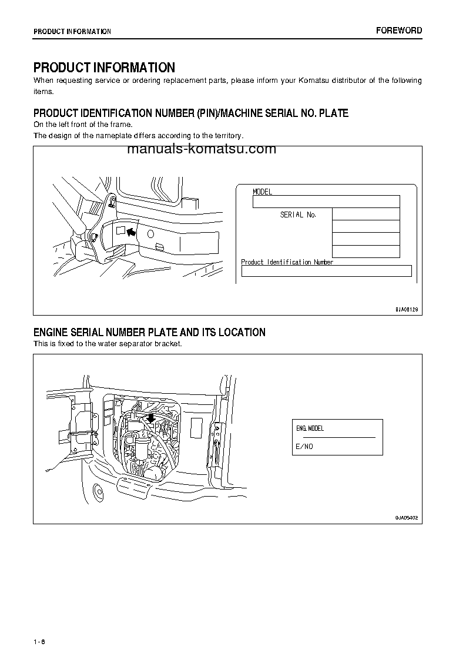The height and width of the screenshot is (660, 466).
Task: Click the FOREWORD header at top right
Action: (399, 31)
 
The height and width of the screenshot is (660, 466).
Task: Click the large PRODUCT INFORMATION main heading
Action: (104, 68)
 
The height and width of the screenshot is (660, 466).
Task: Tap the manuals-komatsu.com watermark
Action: (201, 149)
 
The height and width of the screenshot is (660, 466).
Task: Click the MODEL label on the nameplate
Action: (262, 192)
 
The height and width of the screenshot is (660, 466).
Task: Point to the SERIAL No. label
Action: (298, 215)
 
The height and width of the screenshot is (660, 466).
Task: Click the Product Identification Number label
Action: (287, 262)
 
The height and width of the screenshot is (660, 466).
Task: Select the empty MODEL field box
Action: (326, 202)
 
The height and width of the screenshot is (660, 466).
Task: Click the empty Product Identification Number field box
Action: (326, 271)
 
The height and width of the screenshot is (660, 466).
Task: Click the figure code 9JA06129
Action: (406, 309)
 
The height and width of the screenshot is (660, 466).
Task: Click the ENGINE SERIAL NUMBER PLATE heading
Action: (149, 333)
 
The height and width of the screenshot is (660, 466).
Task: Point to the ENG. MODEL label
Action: (310, 428)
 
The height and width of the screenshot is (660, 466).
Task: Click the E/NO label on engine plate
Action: (304, 447)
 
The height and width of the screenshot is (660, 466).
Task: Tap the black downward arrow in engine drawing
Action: (150, 417)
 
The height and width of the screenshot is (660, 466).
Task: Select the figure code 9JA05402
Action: (406, 518)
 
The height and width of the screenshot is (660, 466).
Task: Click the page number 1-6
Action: (39, 641)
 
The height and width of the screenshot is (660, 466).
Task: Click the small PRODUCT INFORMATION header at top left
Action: (72, 32)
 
